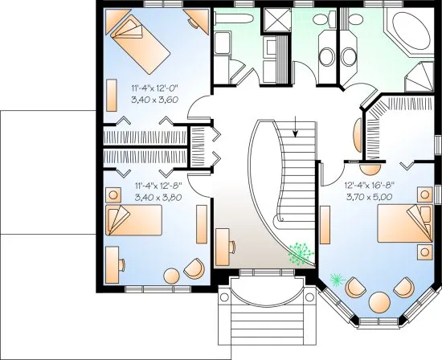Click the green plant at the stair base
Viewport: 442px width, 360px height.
(302, 253)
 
